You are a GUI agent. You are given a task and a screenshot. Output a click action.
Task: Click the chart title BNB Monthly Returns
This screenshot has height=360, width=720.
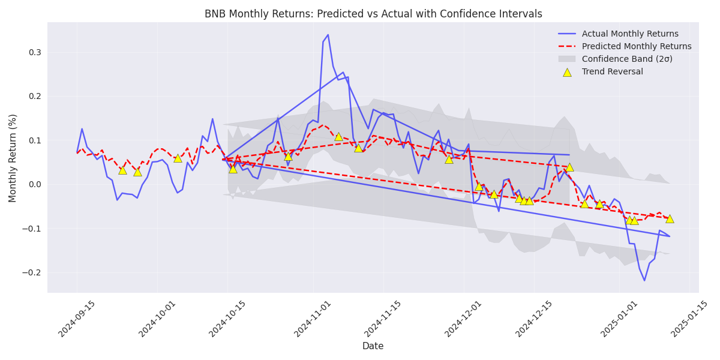[373, 14]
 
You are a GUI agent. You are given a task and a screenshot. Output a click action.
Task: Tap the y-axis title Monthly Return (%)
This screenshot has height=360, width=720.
[13, 158]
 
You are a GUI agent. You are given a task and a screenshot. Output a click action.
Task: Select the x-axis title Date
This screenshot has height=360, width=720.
[373, 346]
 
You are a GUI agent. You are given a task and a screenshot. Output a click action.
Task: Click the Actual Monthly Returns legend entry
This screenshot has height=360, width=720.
[630, 34]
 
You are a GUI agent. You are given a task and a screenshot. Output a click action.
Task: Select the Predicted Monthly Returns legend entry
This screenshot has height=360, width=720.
[636, 46]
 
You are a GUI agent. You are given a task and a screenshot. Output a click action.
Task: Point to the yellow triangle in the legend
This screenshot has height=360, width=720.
[567, 72]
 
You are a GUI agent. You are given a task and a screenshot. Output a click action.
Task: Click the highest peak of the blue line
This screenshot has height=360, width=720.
[328, 35]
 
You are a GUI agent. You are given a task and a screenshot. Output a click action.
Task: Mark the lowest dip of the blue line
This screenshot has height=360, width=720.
[644, 280]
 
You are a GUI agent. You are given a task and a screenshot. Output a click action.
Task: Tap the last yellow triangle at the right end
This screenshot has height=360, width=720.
[670, 218]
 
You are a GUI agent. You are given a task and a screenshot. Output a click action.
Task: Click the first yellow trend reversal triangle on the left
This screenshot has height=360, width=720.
[122, 170]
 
